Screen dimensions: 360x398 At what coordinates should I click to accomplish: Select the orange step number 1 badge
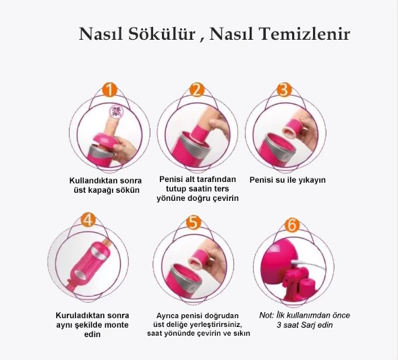pos(111,90)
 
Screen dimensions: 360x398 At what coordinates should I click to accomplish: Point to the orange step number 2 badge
pos(196,90)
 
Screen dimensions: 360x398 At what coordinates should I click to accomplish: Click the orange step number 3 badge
pos(283,90)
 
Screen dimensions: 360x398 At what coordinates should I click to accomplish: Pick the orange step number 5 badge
pos(193,221)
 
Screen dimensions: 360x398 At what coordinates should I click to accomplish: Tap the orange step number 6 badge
pos(293,224)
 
